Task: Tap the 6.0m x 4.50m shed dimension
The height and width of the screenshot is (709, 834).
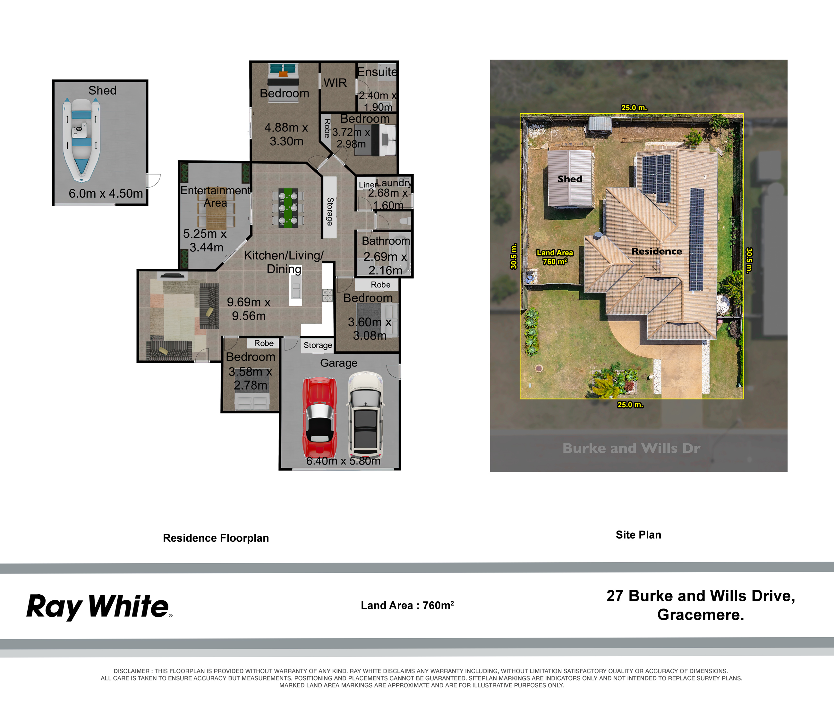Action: tap(106, 193)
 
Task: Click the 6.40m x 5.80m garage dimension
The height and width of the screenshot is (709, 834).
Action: tap(343, 461)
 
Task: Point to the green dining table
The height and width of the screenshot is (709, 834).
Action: tap(288, 208)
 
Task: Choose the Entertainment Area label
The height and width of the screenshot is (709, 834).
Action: tap(215, 196)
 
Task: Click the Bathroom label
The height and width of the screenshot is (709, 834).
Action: tap(386, 241)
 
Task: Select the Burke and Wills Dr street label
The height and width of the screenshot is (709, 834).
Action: tap(631, 448)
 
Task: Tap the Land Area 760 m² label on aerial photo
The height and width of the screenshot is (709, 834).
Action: tap(555, 257)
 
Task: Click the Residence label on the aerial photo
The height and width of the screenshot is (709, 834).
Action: tap(657, 251)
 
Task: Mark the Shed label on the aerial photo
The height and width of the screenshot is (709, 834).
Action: tap(570, 179)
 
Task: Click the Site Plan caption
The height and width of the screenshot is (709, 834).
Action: tap(638, 535)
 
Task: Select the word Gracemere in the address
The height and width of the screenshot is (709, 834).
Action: tap(701, 615)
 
